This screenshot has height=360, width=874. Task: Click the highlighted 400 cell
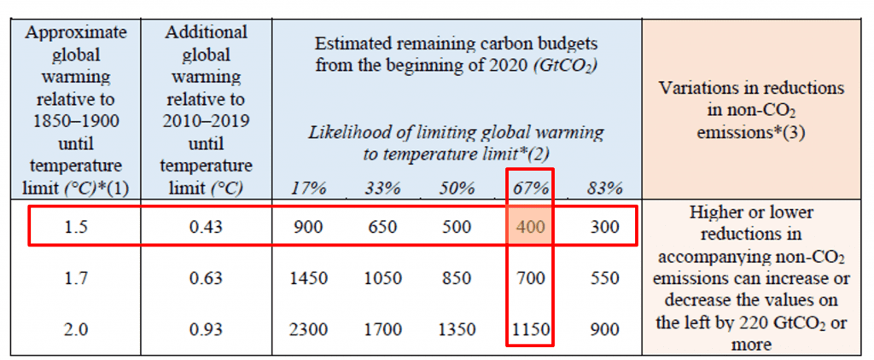[530, 228]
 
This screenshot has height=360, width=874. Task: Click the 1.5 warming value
[77, 228]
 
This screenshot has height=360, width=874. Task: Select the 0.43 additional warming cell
[208, 228]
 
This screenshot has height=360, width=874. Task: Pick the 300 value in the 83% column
[603, 228]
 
